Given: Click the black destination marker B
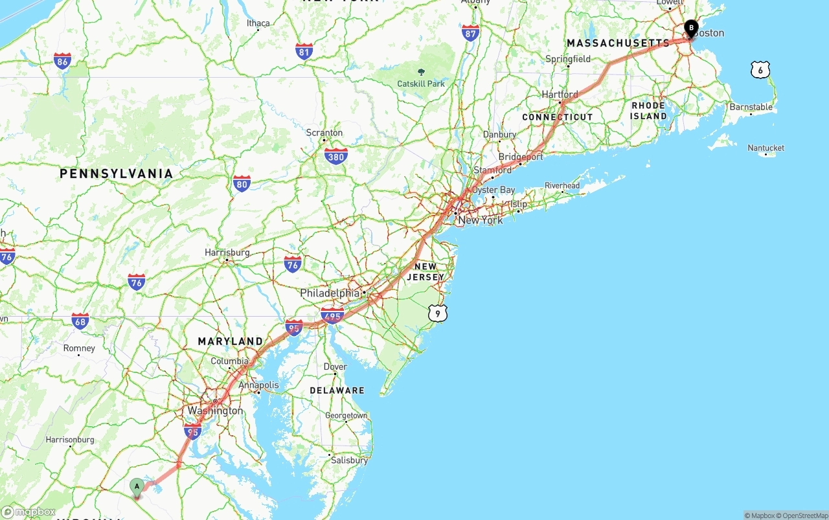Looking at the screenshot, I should pyautogui.click(x=691, y=28).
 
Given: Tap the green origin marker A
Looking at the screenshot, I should pyautogui.click(x=137, y=487).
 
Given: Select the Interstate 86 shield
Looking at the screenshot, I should pyautogui.click(x=62, y=62).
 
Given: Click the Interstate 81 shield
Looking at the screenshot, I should pyautogui.click(x=304, y=52).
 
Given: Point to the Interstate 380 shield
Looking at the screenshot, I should pyautogui.click(x=335, y=155).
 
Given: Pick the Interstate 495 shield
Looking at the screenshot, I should pyautogui.click(x=332, y=315).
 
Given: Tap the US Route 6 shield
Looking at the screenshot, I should pyautogui.click(x=760, y=70).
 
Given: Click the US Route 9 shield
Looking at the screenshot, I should pyautogui.click(x=438, y=313).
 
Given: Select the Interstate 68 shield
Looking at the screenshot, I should pyautogui.click(x=80, y=321).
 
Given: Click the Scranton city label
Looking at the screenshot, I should pyautogui.click(x=324, y=133).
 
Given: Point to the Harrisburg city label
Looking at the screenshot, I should pyautogui.click(x=227, y=253).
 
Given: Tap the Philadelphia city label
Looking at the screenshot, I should pyautogui.click(x=329, y=293).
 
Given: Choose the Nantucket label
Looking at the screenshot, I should pyautogui.click(x=766, y=148).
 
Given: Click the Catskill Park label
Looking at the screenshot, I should pyautogui.click(x=421, y=84).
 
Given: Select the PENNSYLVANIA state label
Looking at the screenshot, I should pyautogui.click(x=117, y=174).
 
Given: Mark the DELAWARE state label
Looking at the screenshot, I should pyautogui.click(x=337, y=390).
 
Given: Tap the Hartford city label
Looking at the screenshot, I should pyautogui.click(x=560, y=95).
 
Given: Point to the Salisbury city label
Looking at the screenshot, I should pyautogui.click(x=349, y=460).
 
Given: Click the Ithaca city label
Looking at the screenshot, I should pyautogui.click(x=258, y=23).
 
